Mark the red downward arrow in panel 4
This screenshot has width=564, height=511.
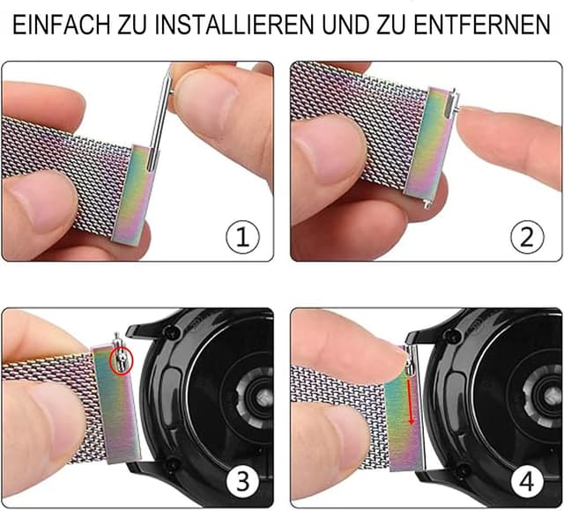coord(411,401)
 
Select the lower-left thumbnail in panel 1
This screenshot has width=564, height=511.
coord(35,198)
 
